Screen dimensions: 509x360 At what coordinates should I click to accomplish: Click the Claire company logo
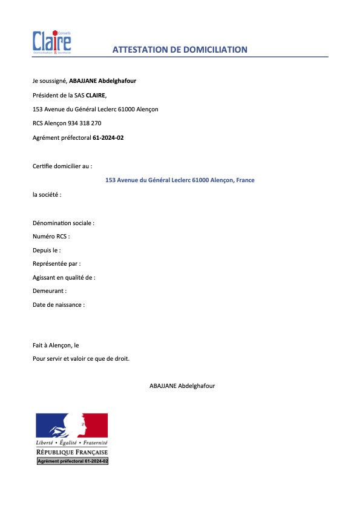(x=52, y=42)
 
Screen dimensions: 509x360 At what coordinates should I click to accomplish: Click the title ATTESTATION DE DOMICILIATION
(x=180, y=50)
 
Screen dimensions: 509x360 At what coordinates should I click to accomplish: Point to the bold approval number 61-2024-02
(x=108, y=138)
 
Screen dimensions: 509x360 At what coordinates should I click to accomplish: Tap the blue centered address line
(x=180, y=180)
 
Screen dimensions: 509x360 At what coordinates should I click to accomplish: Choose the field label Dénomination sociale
(x=64, y=223)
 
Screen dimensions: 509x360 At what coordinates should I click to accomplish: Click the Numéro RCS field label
(x=51, y=237)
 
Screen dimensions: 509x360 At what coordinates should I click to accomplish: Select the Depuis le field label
(x=47, y=250)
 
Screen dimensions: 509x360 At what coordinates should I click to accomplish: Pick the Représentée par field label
(x=57, y=264)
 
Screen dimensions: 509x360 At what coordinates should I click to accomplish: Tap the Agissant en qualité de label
(x=64, y=277)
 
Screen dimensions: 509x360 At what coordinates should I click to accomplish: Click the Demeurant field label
(x=50, y=291)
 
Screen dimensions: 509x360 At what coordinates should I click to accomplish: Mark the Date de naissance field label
(x=59, y=304)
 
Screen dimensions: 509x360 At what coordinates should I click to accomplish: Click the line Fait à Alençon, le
(x=56, y=345)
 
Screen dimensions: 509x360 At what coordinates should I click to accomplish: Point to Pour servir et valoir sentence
(x=81, y=358)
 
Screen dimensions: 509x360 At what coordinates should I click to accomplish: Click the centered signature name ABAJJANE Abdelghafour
(x=182, y=386)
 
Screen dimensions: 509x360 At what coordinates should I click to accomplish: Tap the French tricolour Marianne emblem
(x=72, y=427)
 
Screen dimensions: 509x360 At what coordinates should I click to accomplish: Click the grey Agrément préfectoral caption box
(x=73, y=461)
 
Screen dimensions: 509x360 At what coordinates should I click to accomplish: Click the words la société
(x=47, y=195)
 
